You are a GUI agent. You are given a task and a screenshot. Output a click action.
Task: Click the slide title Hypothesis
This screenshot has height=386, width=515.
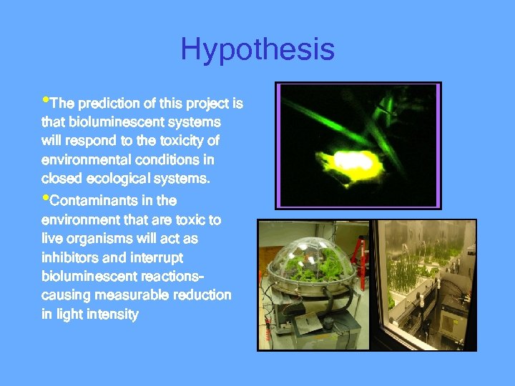pos(257,50)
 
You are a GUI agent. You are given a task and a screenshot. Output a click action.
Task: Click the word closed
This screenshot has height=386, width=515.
pos(59,178)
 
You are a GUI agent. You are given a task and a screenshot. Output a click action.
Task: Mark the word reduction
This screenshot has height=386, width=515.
pos(203,295)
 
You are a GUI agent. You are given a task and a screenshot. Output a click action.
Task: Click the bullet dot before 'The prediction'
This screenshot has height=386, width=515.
pos(45,101)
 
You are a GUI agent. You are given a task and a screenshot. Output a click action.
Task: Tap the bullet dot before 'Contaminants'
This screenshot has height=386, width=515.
pos(45,198)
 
